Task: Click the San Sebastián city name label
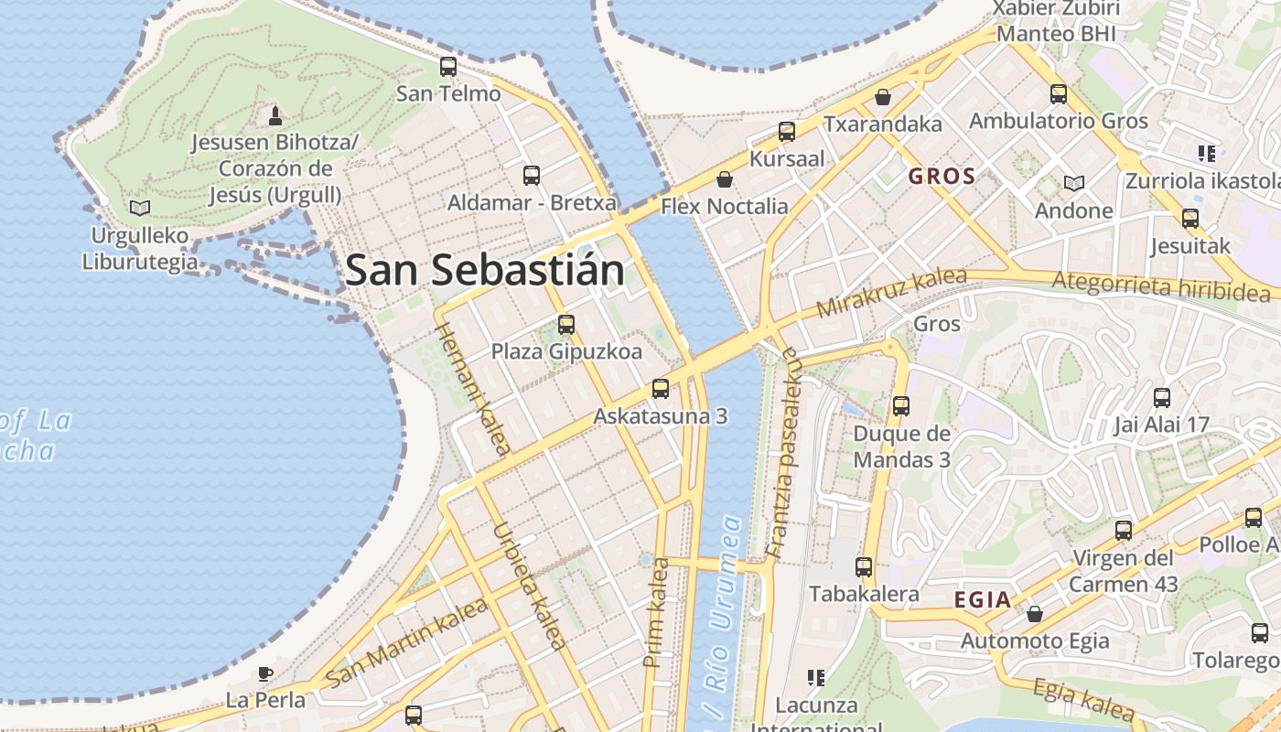pyautogui.click(x=485, y=270)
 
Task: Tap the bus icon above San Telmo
pyautogui.click(x=448, y=66)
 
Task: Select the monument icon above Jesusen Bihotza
pyautogui.click(x=274, y=116)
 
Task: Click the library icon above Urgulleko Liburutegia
pyautogui.click(x=140, y=208)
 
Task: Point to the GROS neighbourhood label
pyautogui.click(x=942, y=177)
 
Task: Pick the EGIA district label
pyautogui.click(x=982, y=600)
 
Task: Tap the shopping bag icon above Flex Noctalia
pyautogui.click(x=725, y=178)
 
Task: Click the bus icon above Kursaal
pyautogui.click(x=787, y=132)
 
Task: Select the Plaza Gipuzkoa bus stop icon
pyautogui.click(x=566, y=324)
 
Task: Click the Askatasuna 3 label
pyautogui.click(x=660, y=415)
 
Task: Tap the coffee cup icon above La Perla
pyautogui.click(x=264, y=673)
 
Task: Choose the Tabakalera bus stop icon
pyautogui.click(x=864, y=567)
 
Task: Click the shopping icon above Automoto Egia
pyautogui.click(x=1035, y=613)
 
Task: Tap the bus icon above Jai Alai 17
pyautogui.click(x=1162, y=398)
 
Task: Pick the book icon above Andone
pyautogui.click(x=1074, y=183)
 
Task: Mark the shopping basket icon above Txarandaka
pyautogui.click(x=883, y=96)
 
